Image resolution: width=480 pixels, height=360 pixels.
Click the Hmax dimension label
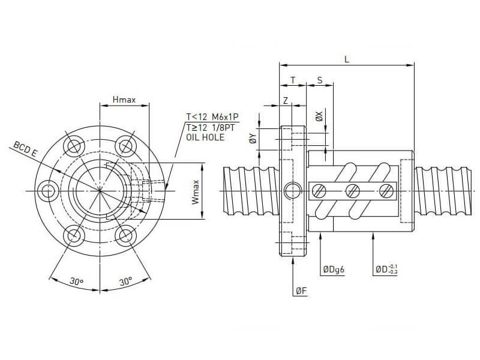124,100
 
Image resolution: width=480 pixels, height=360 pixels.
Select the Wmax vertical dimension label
196,192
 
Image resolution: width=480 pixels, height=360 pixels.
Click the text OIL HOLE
206,137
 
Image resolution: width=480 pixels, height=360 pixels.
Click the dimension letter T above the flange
293,80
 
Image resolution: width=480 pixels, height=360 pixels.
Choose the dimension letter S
319,80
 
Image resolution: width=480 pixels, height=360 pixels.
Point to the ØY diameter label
253,139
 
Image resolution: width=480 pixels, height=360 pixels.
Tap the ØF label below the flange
301,291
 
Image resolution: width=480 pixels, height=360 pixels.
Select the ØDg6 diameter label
334,270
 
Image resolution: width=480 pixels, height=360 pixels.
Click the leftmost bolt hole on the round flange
47,190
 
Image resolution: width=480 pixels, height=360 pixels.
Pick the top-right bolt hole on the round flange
125,145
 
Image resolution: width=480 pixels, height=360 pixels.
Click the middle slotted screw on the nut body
353,191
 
